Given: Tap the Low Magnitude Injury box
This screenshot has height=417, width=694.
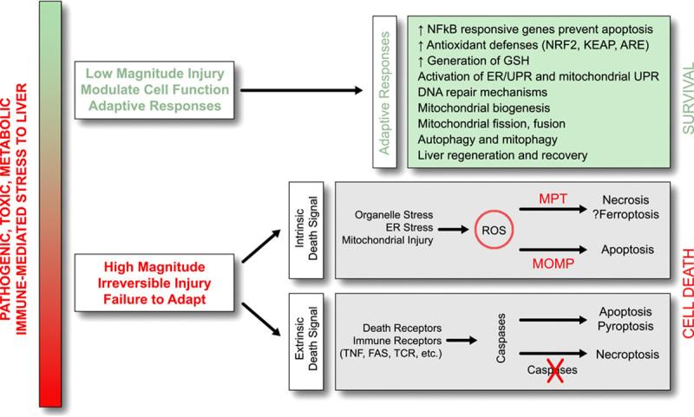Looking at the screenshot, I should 154,89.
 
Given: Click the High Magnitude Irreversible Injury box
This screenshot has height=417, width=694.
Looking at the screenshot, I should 154,281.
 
